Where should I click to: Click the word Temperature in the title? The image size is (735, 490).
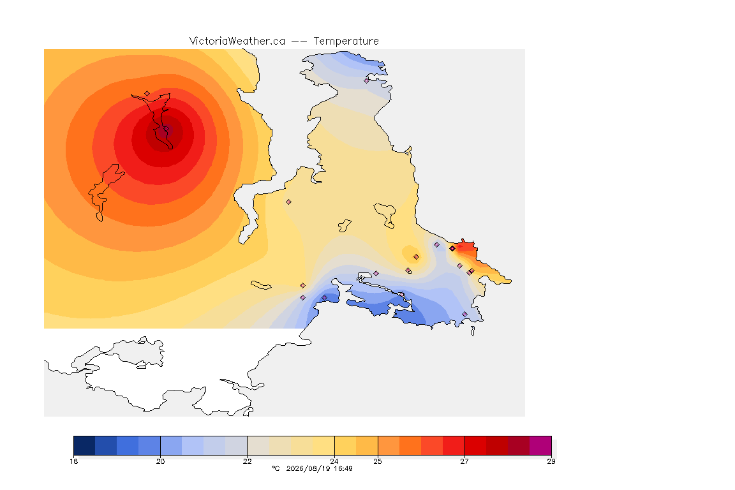(x=346, y=41)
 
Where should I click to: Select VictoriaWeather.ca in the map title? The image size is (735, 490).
(x=237, y=41)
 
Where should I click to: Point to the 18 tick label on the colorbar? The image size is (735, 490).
(x=73, y=461)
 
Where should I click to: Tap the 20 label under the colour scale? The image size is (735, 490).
(x=160, y=461)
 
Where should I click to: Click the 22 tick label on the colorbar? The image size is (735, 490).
(x=247, y=461)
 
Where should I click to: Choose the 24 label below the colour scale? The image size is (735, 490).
(x=334, y=461)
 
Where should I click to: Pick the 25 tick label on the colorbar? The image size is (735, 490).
(x=377, y=461)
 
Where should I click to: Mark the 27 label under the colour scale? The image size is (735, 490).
(x=464, y=461)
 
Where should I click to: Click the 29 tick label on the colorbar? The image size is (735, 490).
(x=551, y=461)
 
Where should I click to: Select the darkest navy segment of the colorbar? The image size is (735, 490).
(x=84, y=445)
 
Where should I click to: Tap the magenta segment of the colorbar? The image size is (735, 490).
(x=540, y=445)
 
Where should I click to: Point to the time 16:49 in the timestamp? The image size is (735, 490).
(x=343, y=468)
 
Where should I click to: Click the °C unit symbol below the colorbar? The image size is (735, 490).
(x=276, y=468)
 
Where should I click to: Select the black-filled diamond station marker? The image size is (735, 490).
(x=452, y=249)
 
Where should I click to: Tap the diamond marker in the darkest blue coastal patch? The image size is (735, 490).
(x=324, y=298)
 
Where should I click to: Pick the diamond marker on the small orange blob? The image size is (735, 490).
(x=416, y=257)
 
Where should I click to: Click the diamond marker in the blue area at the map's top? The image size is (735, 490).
(x=367, y=80)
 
